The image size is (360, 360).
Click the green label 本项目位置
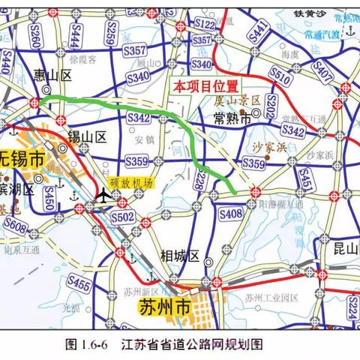pyautogui.click(x=205, y=86)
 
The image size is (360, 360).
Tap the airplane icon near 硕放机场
pyautogui.click(x=103, y=196)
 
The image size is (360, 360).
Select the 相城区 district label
pyautogui.click(x=179, y=256)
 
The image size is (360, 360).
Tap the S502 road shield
pyautogui.click(x=126, y=216)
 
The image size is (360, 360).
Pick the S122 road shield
pyautogui.click(x=204, y=25)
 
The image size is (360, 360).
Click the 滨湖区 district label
pyautogui.click(x=17, y=188)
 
